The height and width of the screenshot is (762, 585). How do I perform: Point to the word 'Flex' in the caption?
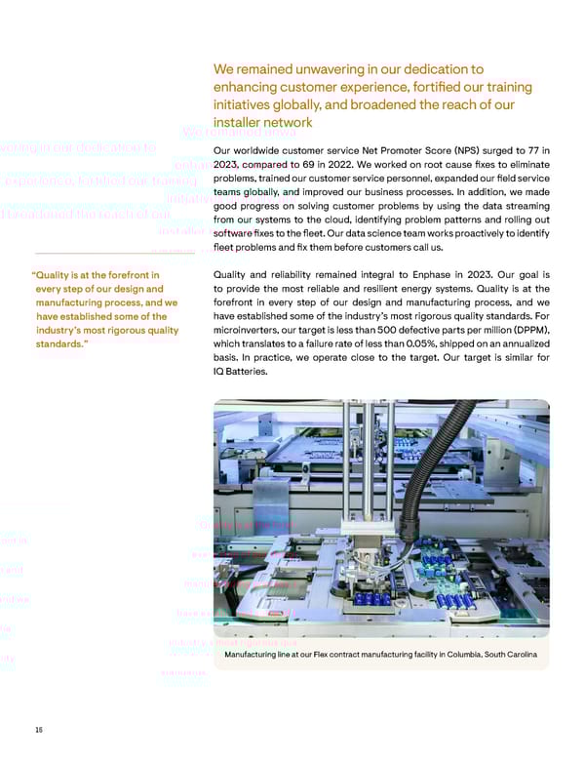(312, 653)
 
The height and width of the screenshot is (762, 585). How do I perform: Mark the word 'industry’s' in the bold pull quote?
(63, 330)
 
